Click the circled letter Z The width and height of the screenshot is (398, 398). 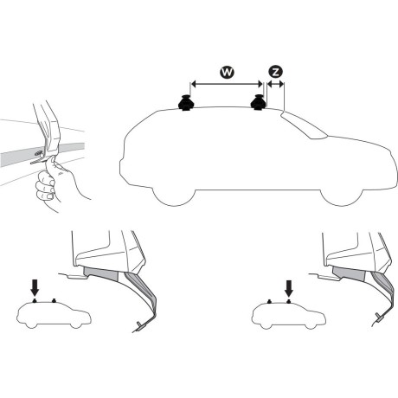(x=275, y=74)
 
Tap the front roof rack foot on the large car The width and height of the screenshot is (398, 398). (x=259, y=104)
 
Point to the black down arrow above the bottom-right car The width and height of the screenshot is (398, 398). (x=287, y=285)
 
